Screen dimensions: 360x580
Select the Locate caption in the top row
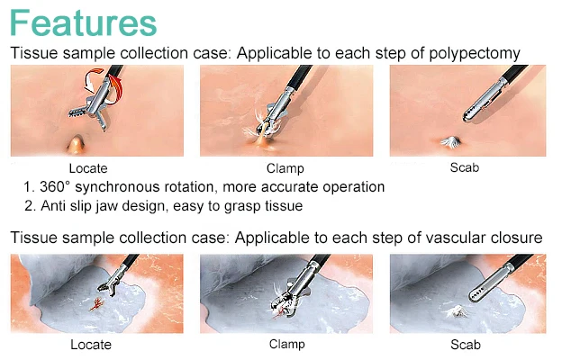[88, 168]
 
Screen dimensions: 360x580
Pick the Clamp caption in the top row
[285, 168]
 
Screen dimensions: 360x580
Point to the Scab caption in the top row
[465, 167]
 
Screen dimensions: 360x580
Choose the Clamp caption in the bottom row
[286, 344]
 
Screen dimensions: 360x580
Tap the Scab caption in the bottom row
[466, 344]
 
